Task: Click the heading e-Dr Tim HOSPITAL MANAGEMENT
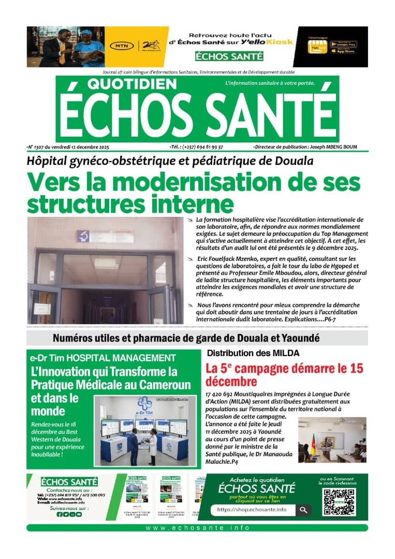coord(103,358)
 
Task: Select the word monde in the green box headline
coord(48,411)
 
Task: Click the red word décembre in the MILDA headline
coord(231,382)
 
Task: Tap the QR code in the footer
coord(339,502)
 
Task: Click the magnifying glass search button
coord(303,510)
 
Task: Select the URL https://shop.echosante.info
coord(252,510)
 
